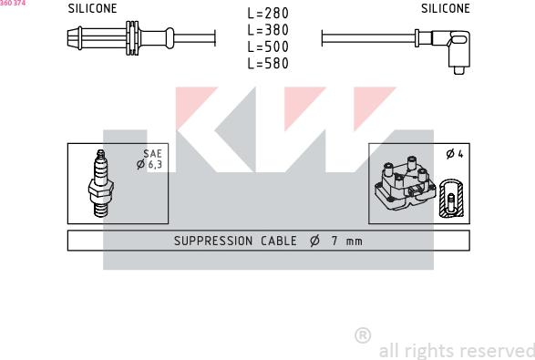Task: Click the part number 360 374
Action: coord(13,3)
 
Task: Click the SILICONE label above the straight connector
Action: coord(92,8)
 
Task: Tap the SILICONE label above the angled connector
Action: coord(446,8)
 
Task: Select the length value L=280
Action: coord(268,14)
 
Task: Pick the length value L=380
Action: coord(268,30)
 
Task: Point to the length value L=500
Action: coord(268,46)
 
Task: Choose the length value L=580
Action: coord(268,64)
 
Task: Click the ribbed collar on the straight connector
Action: coord(132,38)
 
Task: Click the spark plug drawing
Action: coord(100,183)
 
